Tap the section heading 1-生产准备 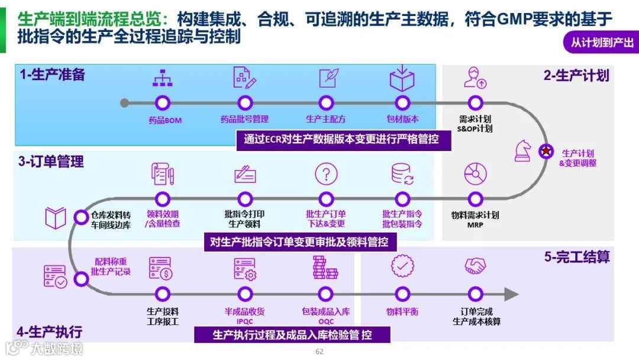click(x=52, y=75)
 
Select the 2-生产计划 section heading click(x=576, y=75)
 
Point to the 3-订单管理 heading click(x=51, y=162)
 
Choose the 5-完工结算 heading click(x=577, y=257)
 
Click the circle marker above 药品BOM click(x=162, y=102)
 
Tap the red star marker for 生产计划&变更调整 click(x=546, y=151)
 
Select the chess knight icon click(x=523, y=150)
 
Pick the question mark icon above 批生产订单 click(x=326, y=174)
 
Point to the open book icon click(x=56, y=218)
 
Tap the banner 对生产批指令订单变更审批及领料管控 click(x=300, y=242)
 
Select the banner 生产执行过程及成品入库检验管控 click(x=292, y=335)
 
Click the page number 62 click(x=320, y=352)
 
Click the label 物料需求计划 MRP click(x=475, y=220)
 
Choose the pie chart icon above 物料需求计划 click(x=475, y=174)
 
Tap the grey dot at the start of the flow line click(x=124, y=102)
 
